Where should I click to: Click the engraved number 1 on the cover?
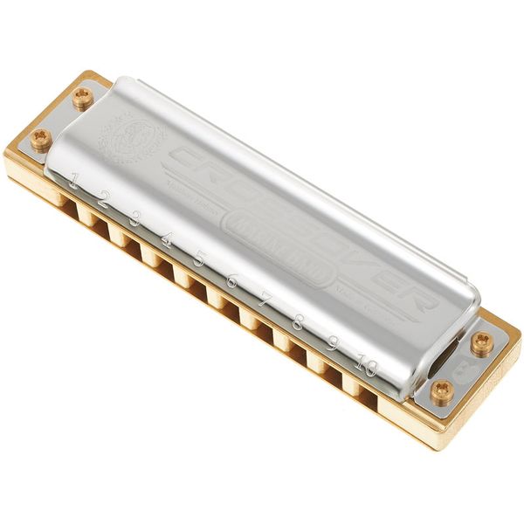pos(74,183)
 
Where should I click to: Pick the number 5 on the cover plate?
pos(198,258)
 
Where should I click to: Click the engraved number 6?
pos(231,279)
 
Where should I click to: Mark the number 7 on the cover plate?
pos(265,300)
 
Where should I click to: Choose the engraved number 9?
pos(332,344)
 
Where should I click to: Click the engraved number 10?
pos(367,367)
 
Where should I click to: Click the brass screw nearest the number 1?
pos(40,138)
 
